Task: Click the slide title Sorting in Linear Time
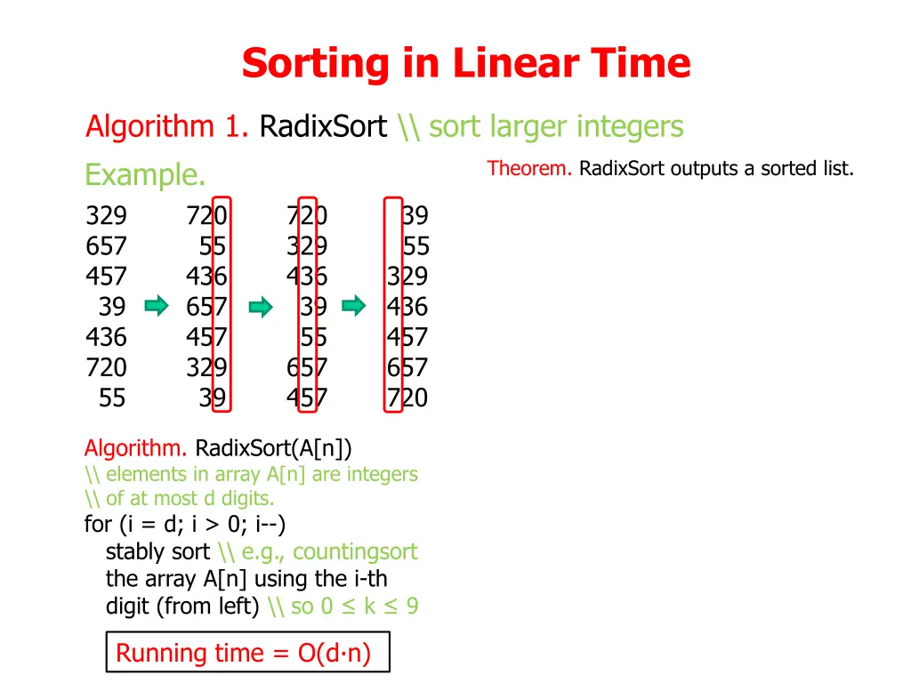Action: [465, 64]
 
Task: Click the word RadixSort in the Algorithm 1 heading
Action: [323, 127]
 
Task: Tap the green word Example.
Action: [145, 175]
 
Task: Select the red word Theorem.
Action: [529, 168]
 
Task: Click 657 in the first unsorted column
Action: [106, 246]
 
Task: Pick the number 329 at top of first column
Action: [106, 216]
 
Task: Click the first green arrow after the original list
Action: [157, 307]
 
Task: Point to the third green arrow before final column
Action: [354, 307]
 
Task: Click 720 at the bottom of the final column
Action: [407, 398]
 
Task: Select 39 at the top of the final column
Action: [415, 216]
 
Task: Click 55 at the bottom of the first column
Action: [112, 398]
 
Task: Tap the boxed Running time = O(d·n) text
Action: [243, 654]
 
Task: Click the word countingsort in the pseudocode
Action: [354, 552]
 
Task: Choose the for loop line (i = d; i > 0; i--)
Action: [185, 525]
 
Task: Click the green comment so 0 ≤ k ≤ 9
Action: [354, 607]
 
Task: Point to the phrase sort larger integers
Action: [556, 127]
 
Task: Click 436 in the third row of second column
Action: [206, 277]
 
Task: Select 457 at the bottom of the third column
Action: [307, 398]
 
